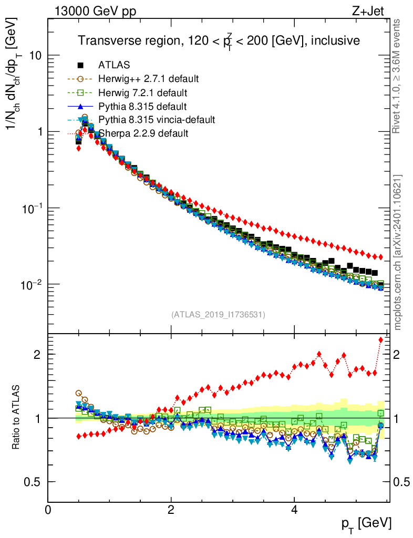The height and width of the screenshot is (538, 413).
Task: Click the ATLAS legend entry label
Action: (114, 65)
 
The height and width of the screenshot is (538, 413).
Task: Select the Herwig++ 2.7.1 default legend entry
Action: (148, 79)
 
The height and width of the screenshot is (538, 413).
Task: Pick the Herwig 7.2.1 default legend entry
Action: (143, 92)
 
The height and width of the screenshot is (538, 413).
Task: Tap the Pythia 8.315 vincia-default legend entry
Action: (157, 120)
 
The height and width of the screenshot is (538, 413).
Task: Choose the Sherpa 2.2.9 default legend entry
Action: (143, 133)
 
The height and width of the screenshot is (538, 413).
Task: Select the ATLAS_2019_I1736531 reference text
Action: (218, 315)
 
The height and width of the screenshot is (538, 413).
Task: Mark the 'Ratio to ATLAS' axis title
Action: (17, 418)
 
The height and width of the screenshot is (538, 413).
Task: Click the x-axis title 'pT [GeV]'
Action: (365, 523)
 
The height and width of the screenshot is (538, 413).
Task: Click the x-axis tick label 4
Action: (294, 509)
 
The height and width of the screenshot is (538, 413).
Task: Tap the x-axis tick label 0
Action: (48, 509)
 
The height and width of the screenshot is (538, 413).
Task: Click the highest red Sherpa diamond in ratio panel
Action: (381, 339)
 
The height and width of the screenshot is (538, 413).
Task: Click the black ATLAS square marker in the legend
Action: (80, 65)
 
